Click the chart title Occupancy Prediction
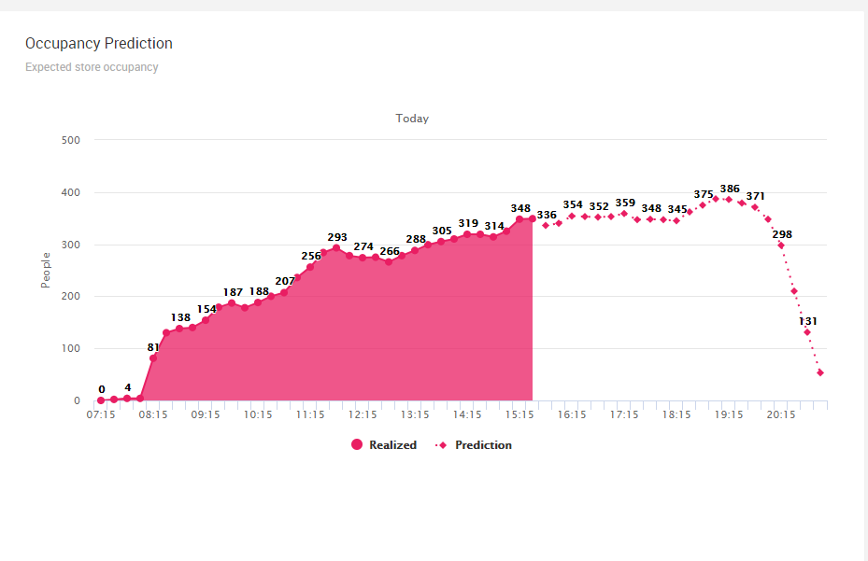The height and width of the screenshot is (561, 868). tap(98, 44)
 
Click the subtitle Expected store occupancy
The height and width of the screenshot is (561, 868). tap(92, 67)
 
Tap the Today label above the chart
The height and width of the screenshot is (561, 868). tap(412, 119)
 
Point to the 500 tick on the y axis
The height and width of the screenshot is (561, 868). tap(71, 140)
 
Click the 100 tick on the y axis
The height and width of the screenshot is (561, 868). tap(71, 349)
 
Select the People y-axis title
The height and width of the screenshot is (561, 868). tap(45, 269)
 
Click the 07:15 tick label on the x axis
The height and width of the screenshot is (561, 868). tap(101, 415)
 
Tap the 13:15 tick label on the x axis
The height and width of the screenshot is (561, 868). tap(415, 415)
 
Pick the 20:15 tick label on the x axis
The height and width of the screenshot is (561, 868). tap(781, 415)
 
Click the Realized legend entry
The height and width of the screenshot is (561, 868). tap(384, 445)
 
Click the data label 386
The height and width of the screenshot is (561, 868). tap(730, 189)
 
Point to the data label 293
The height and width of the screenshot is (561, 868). tap(337, 237)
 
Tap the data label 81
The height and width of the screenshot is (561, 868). tap(154, 347)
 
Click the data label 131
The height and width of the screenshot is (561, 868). tap(808, 321)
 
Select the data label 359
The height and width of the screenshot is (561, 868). tap(625, 203)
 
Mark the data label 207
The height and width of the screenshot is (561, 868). tap(285, 281)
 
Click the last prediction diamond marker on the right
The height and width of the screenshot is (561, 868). tap(820, 372)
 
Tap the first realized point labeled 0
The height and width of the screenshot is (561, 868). tap(101, 400)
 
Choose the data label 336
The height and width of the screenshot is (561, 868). tap(547, 215)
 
